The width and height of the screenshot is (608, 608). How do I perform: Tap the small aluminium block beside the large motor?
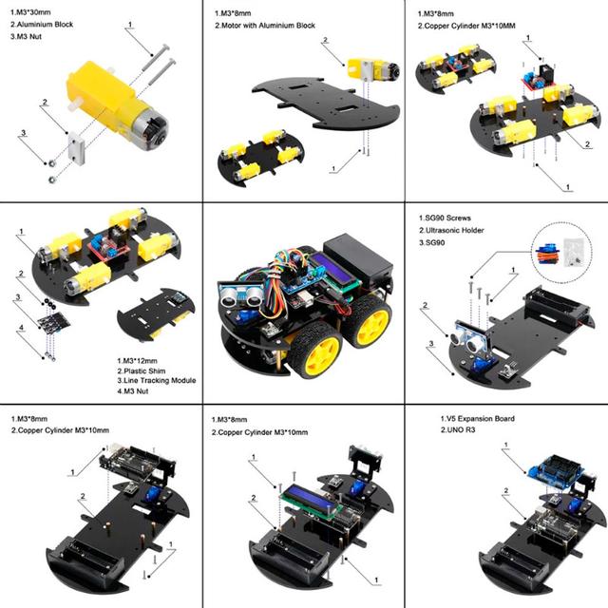tap(77, 146)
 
